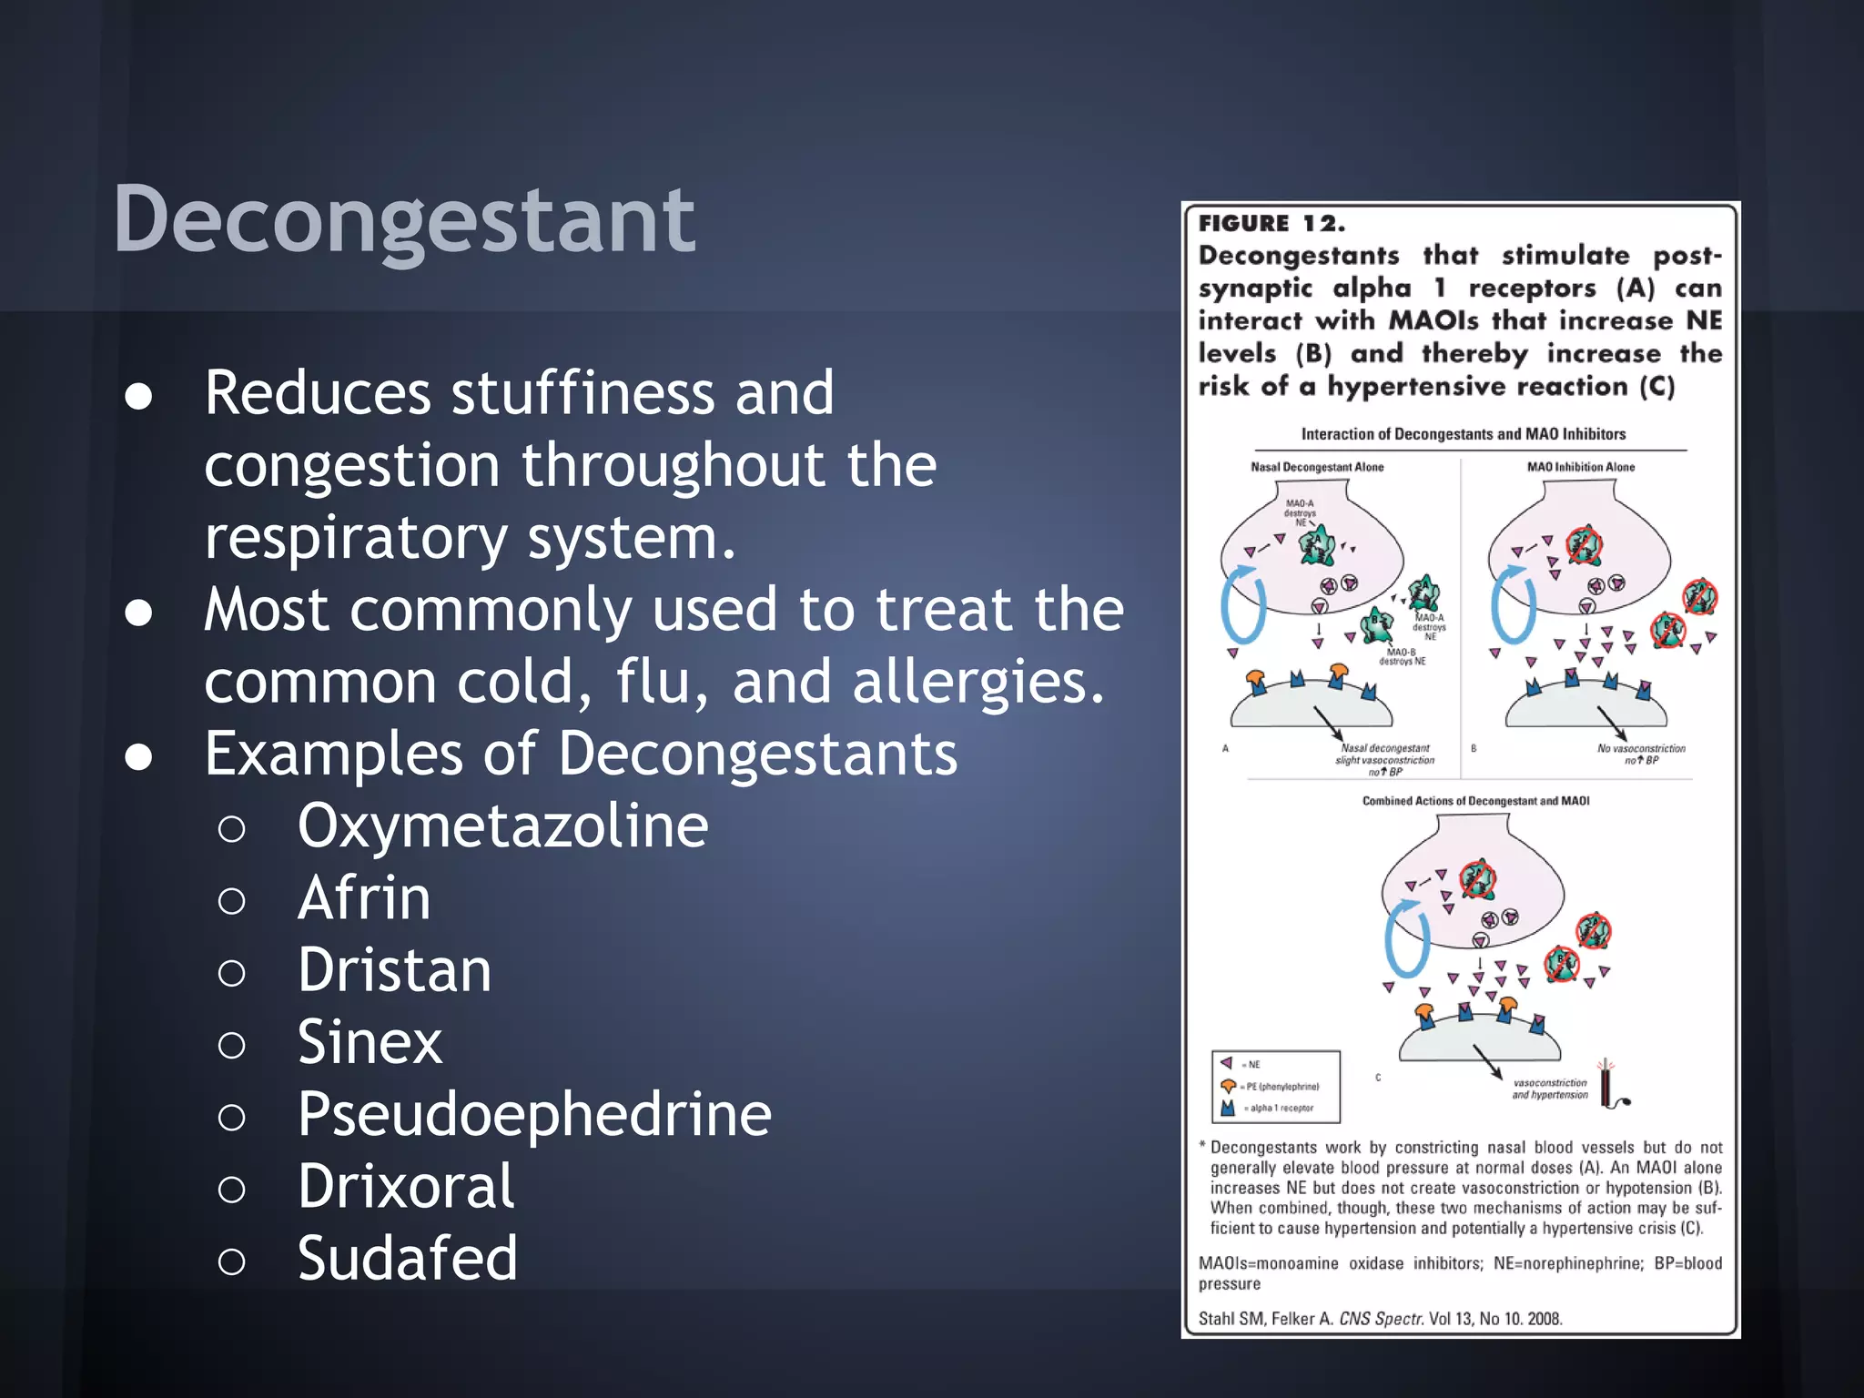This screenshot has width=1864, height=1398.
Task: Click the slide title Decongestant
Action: click(403, 219)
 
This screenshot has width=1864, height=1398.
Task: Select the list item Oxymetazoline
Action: click(502, 826)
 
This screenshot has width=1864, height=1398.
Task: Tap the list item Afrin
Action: click(364, 898)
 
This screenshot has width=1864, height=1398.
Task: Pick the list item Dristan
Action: click(394, 970)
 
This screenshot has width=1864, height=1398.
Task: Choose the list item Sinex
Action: click(370, 1042)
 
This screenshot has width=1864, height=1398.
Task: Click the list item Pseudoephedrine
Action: click(534, 1114)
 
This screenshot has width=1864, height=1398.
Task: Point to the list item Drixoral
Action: click(406, 1186)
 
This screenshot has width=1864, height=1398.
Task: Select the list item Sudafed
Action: click(407, 1258)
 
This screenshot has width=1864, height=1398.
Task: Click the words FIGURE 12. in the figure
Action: click(1271, 224)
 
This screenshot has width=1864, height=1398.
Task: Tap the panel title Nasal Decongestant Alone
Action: click(1316, 467)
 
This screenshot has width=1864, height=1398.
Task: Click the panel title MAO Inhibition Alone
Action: click(1580, 467)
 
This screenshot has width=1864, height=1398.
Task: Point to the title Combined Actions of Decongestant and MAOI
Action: click(1475, 801)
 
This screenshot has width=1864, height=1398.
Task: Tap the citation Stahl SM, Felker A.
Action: click(1266, 1319)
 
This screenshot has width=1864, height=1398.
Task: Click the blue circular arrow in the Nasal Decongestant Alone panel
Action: click(1242, 605)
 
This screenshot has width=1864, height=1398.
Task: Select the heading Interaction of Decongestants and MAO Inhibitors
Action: click(1463, 434)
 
